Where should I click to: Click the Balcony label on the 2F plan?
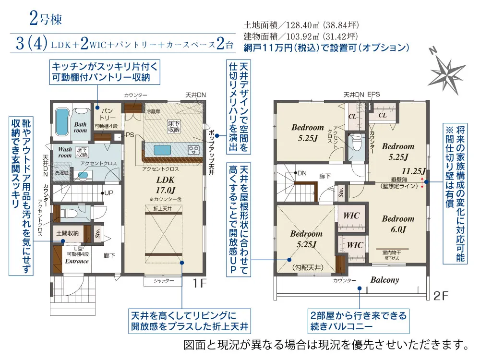(x=384, y=280)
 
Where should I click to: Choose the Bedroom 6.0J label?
(x=398, y=224)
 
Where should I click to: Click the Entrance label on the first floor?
(x=77, y=261)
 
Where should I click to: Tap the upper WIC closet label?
(x=351, y=216)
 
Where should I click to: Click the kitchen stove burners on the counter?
(x=194, y=150)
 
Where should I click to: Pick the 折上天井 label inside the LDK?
(x=164, y=208)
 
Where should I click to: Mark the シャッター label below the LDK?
(x=164, y=281)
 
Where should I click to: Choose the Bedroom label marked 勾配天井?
(x=306, y=239)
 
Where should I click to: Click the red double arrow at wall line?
(x=422, y=182)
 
